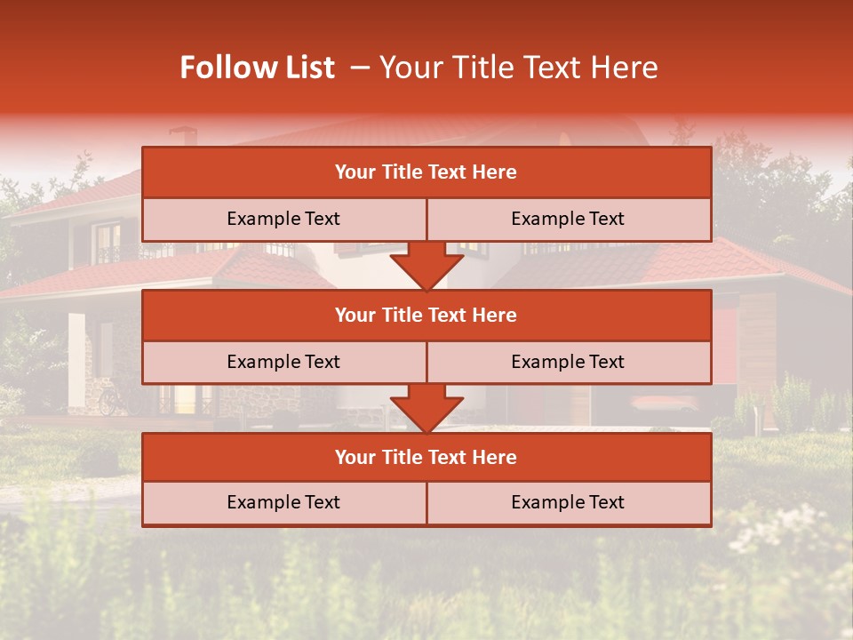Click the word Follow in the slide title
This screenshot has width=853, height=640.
point(219,68)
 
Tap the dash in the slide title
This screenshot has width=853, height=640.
point(360,68)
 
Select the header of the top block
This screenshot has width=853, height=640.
point(426,172)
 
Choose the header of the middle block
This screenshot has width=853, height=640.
point(426,315)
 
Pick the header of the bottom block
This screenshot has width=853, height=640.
point(426,457)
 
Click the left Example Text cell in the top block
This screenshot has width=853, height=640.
point(284,219)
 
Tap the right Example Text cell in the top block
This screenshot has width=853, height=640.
point(569,219)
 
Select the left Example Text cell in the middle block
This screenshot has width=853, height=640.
point(284,362)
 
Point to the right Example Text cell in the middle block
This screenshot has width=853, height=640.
point(569,362)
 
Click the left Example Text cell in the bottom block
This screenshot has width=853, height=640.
point(284,502)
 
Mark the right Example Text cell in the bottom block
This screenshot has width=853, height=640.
point(569,502)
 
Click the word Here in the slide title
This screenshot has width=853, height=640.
point(627,68)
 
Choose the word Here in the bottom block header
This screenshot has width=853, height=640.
point(495,457)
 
